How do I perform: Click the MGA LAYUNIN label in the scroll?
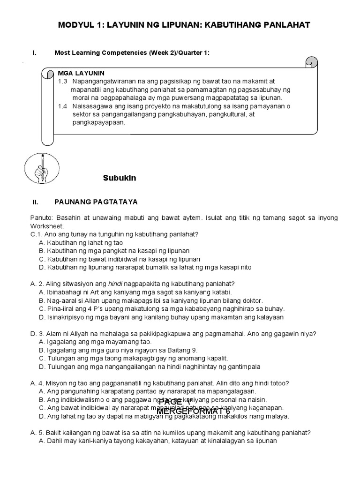pos(81,74)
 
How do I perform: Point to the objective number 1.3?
pos(63,81)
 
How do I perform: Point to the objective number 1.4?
pos(63,106)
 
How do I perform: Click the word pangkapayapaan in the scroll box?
pos(99,123)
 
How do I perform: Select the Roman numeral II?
pos(35,202)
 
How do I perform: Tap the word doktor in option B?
pos(252,300)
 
